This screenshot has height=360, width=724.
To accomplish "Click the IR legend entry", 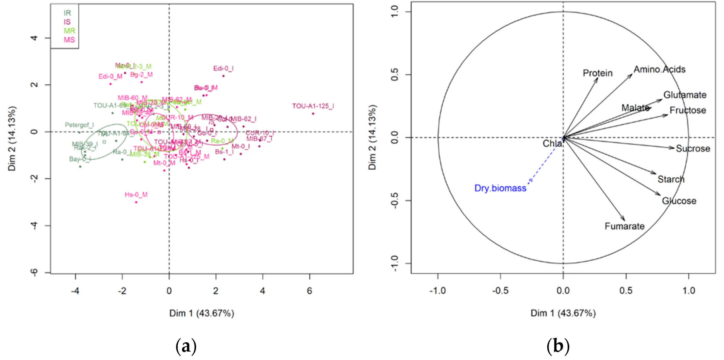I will [67, 13].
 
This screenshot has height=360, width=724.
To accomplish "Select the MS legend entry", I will [69, 40].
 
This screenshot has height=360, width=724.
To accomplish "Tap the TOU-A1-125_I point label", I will [313, 106].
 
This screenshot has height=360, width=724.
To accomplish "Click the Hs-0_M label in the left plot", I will [136, 195].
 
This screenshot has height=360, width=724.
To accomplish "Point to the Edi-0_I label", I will [223, 69].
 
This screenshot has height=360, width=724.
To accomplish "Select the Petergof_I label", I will [79, 125].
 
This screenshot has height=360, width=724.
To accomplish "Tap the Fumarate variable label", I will [624, 226].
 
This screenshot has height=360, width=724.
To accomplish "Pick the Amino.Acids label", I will [659, 69].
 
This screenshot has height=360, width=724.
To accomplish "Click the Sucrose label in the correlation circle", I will [693, 149].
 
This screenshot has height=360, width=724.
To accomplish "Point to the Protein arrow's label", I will [597, 73].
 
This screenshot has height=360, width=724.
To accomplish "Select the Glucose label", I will [679, 201].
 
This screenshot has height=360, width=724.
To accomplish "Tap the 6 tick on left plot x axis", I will [310, 291].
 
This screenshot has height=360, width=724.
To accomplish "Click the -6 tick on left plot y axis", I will [34, 272].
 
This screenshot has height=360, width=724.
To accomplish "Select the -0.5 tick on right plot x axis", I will [500, 291].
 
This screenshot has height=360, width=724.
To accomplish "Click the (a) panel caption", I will [186, 346].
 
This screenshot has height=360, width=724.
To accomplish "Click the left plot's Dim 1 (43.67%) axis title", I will [202, 313].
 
